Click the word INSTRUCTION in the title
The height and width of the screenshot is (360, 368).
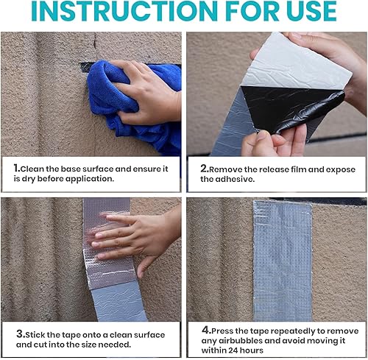click(x=124, y=11)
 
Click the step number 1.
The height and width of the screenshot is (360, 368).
click(x=17, y=169)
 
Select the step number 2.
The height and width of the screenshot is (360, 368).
click(x=205, y=169)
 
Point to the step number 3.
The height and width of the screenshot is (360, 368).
click(x=21, y=334)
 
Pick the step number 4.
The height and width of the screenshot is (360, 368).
click(x=206, y=330)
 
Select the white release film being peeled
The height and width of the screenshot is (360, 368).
click(x=294, y=61)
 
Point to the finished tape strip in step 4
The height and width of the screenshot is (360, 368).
click(x=283, y=261)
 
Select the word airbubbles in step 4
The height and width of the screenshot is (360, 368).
click(x=257, y=341)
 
